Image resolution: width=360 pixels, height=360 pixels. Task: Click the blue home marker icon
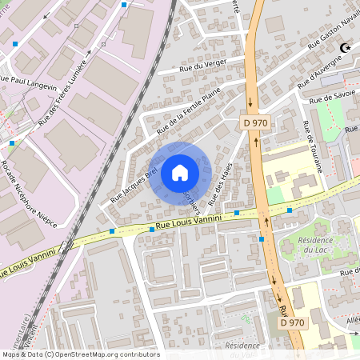[180, 172]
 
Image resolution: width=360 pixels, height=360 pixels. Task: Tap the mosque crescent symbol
[346, 49]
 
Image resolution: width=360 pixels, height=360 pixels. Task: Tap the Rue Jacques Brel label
[133, 173]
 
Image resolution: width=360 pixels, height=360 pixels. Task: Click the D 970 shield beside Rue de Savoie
[256, 122]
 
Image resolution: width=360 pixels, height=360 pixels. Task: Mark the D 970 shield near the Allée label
[293, 322]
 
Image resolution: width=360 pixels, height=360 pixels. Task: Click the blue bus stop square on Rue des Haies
[238, 214]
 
